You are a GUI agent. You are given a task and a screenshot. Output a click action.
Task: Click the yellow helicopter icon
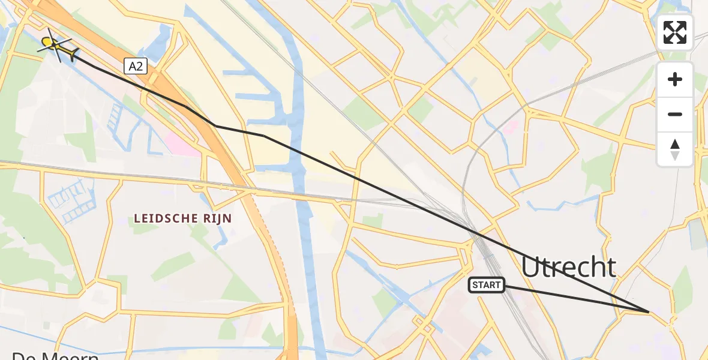(56, 45)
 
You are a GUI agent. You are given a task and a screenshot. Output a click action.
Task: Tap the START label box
(487, 285)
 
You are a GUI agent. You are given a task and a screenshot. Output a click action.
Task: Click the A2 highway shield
(136, 66)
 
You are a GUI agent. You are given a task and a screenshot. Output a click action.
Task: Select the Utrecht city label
(568, 267)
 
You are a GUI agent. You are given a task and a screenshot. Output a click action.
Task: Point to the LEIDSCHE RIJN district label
(183, 218)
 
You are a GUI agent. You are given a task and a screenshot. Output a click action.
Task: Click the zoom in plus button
(675, 79)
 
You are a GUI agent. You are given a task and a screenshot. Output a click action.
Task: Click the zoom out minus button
(675, 114)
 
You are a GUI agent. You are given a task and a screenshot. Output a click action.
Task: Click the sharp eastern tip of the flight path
(649, 312)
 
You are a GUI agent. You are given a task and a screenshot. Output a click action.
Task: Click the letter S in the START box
(475, 285)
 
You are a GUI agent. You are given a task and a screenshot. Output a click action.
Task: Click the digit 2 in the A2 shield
(139, 66)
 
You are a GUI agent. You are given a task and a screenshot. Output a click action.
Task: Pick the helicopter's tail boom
(69, 53)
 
